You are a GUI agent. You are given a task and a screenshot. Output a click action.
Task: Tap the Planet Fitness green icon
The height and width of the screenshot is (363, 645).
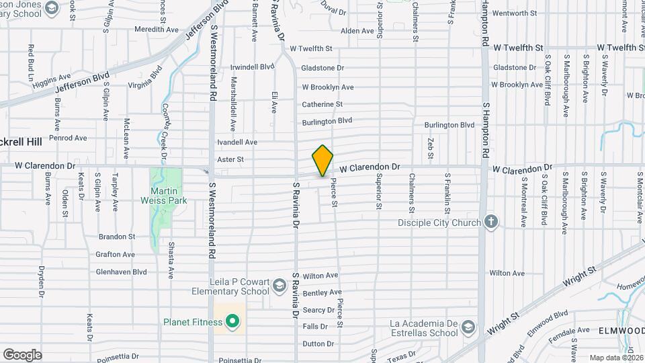coord(232,322)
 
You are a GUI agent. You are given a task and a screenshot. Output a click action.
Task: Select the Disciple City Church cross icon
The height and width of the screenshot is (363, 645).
coord(491,223)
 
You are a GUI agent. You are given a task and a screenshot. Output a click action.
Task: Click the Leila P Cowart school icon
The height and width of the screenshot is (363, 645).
coord(277,287)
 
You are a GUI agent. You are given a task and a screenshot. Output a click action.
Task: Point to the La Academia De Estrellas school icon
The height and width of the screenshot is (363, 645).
coord(468,327)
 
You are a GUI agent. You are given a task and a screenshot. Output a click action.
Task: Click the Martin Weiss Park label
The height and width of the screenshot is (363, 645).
coord(163,195)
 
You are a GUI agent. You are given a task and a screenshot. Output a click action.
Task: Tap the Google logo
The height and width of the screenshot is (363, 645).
coord(22,355)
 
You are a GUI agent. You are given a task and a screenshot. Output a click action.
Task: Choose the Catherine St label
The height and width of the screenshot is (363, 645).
coord(322,104)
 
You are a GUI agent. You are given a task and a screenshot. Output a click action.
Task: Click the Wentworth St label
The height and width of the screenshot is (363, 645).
coord(515,13)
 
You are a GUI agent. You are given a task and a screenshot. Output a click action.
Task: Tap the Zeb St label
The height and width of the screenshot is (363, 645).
coord(430,144)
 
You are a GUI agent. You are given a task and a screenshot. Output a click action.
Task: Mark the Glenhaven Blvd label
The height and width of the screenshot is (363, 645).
coord(121,272)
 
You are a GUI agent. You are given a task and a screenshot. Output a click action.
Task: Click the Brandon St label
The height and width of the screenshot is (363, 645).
coord(117,237)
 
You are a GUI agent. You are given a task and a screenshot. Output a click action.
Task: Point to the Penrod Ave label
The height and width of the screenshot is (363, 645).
coord(69,138)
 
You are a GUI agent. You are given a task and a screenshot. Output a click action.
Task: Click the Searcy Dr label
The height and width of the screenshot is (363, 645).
coord(318,310)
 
